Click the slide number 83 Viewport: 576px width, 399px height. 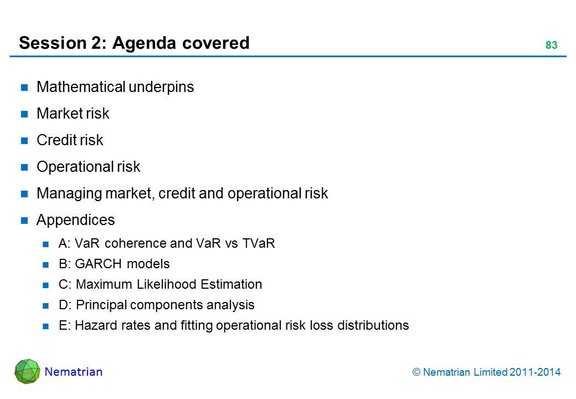pos(551,45)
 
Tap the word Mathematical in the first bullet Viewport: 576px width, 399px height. pos(81,86)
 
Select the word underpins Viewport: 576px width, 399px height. pos(161,88)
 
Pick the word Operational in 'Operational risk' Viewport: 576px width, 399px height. pos(75,167)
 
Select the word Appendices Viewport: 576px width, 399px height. pos(76,220)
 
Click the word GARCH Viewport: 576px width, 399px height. pos(98,264)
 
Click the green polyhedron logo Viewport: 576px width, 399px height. pos(28,371)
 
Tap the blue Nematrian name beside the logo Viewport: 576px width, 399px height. pos(74,372)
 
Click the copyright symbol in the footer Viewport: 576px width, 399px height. pos(416,372)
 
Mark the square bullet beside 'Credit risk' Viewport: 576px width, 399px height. pos(24,141)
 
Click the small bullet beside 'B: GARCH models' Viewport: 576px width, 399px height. pos(45,264)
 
